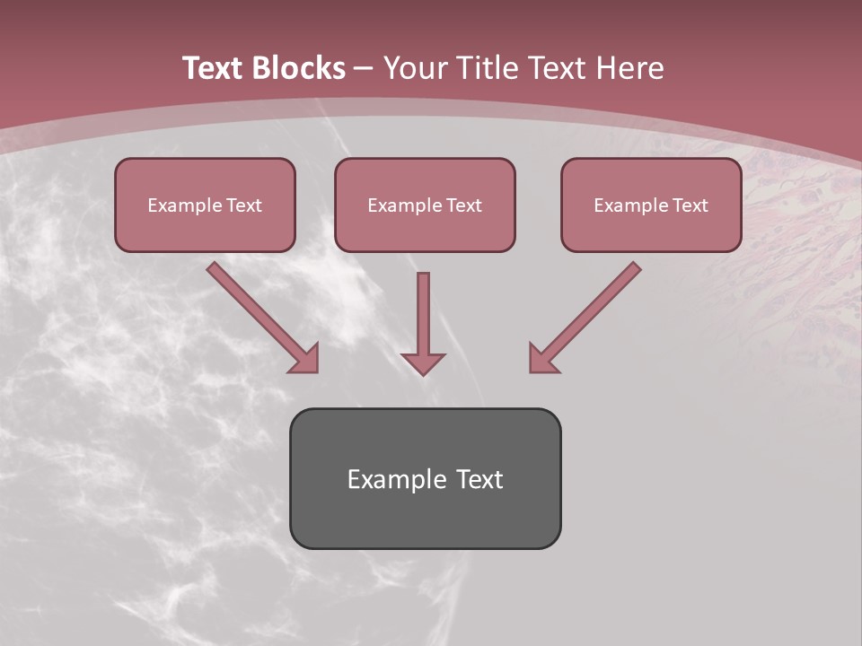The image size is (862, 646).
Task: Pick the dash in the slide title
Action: click(364, 68)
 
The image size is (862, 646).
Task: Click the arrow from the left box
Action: click(260, 316)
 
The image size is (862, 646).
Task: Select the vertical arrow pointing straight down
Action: click(423, 323)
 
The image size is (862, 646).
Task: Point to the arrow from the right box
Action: click(586, 316)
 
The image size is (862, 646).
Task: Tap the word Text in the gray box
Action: click(480, 479)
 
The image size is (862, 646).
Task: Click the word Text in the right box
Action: click(690, 205)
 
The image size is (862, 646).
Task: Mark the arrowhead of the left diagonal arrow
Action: click(305, 359)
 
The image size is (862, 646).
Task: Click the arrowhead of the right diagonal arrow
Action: click(542, 359)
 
